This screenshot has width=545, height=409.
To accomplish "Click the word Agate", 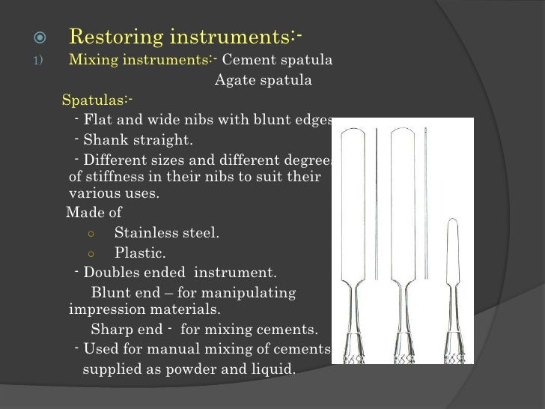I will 235,81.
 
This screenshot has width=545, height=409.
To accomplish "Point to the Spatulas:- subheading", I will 98,100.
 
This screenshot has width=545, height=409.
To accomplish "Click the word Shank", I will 105,140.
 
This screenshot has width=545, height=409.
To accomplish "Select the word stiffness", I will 118,178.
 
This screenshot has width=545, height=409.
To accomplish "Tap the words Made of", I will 94,212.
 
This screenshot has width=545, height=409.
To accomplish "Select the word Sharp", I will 112,330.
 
